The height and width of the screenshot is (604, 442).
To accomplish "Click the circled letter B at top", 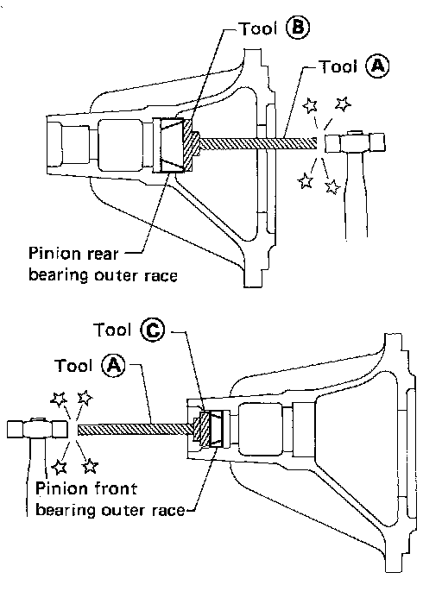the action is tap(297, 28).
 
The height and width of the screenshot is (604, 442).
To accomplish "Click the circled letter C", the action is tap(152, 330).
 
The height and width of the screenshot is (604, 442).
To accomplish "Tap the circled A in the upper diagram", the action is tap(377, 66).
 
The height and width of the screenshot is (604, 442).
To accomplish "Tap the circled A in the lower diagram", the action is tap(114, 365).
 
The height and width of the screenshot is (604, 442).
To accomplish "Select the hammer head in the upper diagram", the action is tap(355, 142).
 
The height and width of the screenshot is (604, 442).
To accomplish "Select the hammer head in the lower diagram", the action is tap(36, 429).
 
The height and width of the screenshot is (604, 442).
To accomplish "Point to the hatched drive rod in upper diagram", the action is tap(258, 144).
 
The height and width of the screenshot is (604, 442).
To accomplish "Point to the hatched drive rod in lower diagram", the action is tap(136, 430).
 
